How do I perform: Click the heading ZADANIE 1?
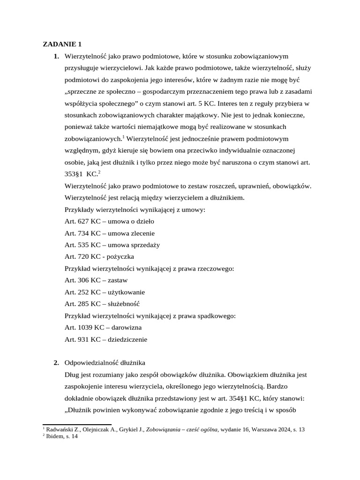62,45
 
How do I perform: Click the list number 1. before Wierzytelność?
56,56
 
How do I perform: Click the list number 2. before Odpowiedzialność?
56,363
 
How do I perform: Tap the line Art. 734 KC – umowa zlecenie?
110,233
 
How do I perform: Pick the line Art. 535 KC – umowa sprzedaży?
112,245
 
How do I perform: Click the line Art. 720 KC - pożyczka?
99,257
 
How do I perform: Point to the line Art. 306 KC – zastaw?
96,280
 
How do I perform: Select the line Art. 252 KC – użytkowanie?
105,292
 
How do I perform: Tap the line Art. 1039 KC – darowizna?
103,328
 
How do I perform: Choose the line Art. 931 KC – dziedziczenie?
106,339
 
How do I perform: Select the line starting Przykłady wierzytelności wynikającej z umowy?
135,210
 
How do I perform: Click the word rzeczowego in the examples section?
216,269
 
